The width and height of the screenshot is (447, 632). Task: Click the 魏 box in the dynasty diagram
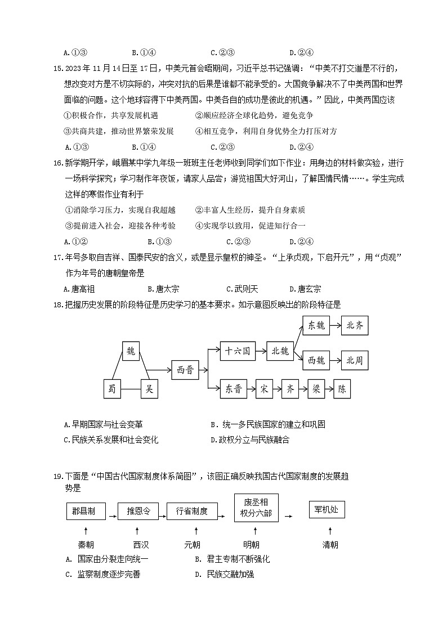(131, 351)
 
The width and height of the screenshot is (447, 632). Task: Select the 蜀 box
(112, 389)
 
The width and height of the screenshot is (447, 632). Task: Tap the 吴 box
(149, 389)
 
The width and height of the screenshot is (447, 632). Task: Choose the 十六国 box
(237, 351)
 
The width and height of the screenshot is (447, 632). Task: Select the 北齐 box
(355, 325)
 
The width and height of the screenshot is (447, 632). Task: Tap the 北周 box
(355, 360)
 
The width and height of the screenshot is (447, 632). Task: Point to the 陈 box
(342, 389)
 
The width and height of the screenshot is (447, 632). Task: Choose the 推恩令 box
(138, 511)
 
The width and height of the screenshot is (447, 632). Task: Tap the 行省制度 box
(192, 511)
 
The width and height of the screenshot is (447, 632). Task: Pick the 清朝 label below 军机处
(330, 545)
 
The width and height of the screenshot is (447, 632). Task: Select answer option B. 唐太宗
(163, 289)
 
